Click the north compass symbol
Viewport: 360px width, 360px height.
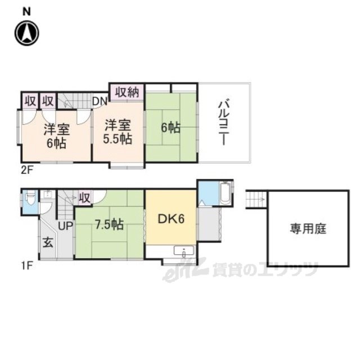[27, 33]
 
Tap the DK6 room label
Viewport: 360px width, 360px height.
[171, 219]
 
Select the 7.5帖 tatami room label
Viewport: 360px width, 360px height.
[110, 224]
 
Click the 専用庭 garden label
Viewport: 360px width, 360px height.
[308, 229]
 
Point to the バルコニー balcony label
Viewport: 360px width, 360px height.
[224, 122]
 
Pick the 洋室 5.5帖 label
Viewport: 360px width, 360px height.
[118, 132]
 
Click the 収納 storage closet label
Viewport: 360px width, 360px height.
[127, 92]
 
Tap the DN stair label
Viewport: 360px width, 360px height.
[100, 101]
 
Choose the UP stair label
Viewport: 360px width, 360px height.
[65, 226]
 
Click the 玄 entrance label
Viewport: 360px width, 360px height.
[48, 242]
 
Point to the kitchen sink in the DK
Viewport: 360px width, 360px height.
[184, 251]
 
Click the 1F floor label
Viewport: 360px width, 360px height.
[26, 266]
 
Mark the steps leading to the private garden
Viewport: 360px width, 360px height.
[256, 199]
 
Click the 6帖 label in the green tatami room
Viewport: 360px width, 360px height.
[170, 128]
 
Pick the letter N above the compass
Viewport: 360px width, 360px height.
[26, 11]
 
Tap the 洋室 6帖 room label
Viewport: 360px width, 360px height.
[57, 136]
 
